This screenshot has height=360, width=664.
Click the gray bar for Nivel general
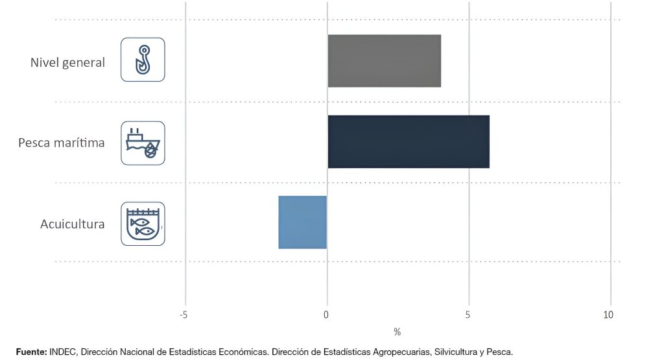pyautogui.click(x=384, y=61)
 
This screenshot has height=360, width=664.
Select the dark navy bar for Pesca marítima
pyautogui.click(x=409, y=141)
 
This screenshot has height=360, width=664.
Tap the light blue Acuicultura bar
pyautogui.click(x=303, y=222)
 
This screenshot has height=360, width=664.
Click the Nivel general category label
pyautogui.click(x=67, y=63)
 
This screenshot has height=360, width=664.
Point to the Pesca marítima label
pyautogui.click(x=62, y=143)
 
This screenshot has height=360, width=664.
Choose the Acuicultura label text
pyautogui.click(x=73, y=224)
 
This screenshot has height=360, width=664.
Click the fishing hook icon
pyautogui.click(x=143, y=60)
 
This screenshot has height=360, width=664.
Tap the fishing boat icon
pyautogui.click(x=143, y=143)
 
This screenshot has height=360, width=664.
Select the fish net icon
pyautogui.click(x=143, y=224)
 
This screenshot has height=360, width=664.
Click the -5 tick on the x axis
pyautogui.click(x=184, y=315)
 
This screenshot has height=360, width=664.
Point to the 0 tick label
pyautogui.click(x=326, y=315)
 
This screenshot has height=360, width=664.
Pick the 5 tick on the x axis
pyautogui.click(x=468, y=315)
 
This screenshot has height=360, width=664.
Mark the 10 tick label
pyautogui.click(x=608, y=315)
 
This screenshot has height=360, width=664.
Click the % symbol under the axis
pyautogui.click(x=397, y=332)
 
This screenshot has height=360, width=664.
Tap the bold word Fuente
pyautogui.click(x=31, y=352)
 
